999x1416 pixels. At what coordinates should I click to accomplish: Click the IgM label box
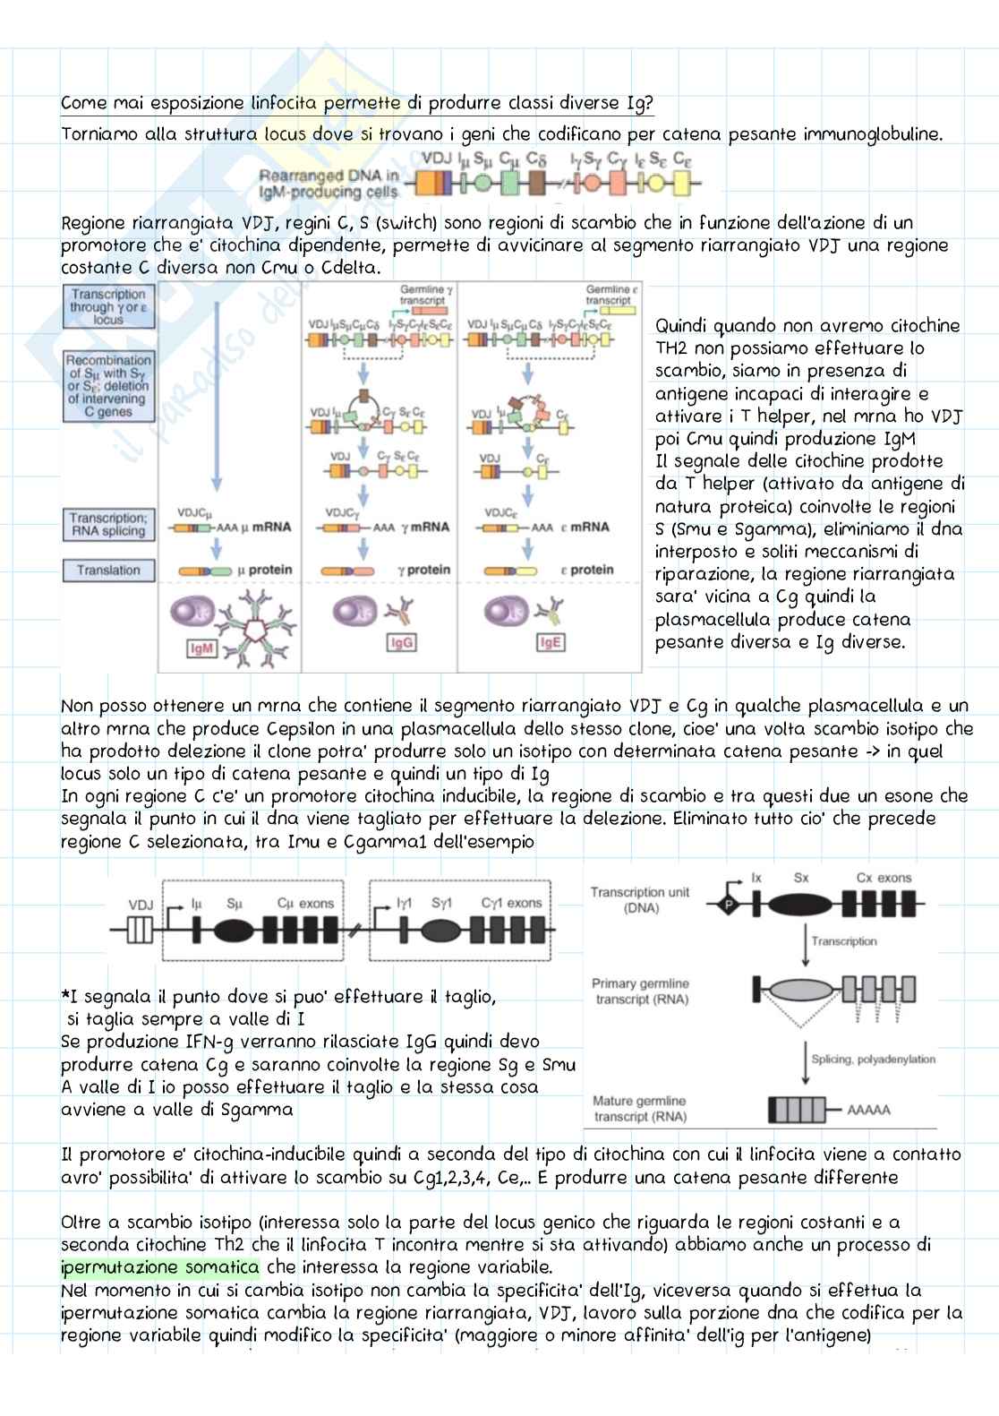[x=202, y=648]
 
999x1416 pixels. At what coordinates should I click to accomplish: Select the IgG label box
[x=402, y=643]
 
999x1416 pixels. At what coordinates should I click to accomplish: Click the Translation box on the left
[x=108, y=571]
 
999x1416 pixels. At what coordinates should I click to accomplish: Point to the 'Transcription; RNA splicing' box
[x=108, y=524]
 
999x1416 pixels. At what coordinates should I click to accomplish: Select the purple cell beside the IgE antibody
[x=502, y=613]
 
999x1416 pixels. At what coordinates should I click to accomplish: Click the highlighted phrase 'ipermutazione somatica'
[x=160, y=1267]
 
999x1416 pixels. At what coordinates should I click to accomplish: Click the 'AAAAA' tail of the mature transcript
[x=868, y=1111]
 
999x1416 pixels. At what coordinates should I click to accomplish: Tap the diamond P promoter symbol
[x=728, y=905]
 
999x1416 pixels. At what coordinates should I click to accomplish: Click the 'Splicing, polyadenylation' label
[x=873, y=1059]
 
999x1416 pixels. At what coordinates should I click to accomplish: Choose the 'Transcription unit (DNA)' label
[x=640, y=899]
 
